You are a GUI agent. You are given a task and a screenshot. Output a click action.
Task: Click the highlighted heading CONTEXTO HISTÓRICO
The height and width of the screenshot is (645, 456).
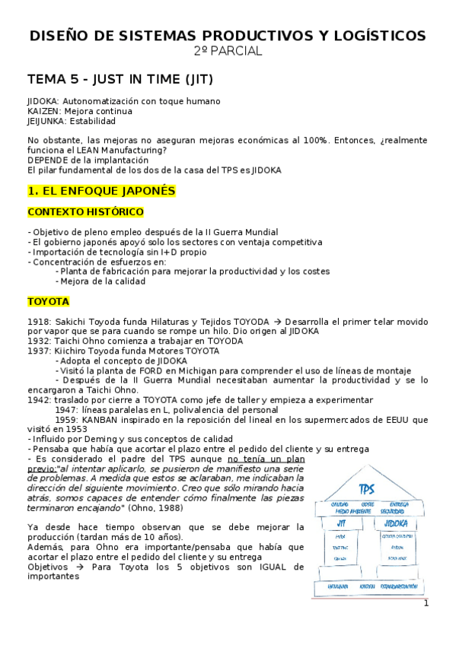click(85, 211)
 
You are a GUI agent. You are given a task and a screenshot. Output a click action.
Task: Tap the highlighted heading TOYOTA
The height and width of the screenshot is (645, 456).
click(48, 302)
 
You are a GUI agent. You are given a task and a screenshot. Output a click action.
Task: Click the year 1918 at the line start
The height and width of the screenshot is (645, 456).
click(38, 322)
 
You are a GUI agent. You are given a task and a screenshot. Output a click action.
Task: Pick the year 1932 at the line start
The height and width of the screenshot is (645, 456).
click(38, 342)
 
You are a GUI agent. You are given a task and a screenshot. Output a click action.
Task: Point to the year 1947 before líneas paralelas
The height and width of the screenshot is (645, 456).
click(68, 410)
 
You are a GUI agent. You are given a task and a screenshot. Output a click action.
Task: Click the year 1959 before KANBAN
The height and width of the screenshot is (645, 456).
click(68, 420)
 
